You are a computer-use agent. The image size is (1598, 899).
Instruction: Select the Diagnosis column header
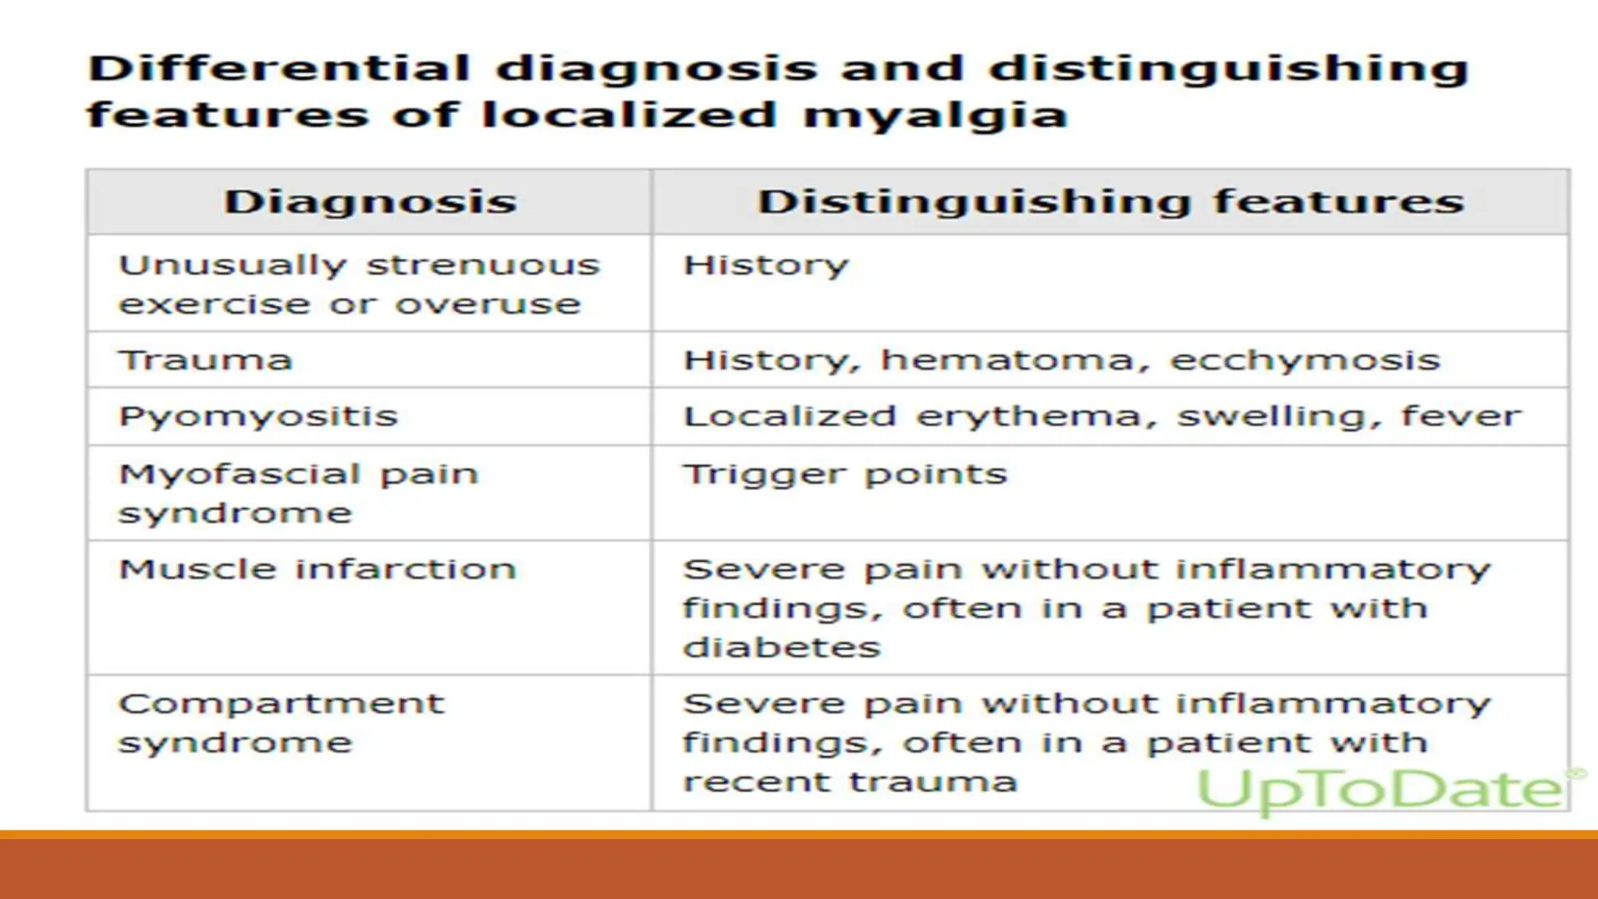370,202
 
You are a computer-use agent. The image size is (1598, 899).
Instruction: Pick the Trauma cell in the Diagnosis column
205,361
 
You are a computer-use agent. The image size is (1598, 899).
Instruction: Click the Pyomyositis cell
257,417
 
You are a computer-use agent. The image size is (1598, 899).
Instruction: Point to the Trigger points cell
845,474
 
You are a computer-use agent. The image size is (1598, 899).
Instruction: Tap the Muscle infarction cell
317,570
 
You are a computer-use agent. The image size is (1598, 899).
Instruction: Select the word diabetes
781,648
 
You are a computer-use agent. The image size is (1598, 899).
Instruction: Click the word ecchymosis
1305,361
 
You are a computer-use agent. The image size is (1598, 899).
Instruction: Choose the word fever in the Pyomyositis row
1461,416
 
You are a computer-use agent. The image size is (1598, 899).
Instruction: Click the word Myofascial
239,474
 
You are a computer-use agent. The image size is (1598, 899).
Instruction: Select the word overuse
488,304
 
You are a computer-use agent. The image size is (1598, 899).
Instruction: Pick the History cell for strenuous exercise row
765,266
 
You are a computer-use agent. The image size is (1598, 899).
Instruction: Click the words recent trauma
850,782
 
